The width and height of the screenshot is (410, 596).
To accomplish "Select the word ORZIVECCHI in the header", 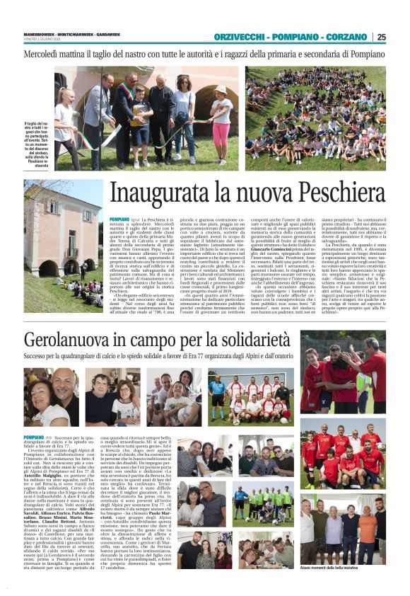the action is (x=244, y=37).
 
